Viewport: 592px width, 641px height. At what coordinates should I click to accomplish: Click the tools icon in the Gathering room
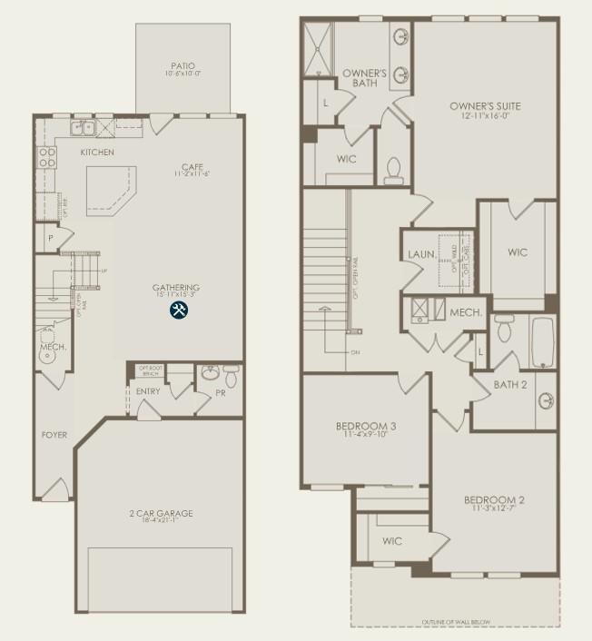point(179,310)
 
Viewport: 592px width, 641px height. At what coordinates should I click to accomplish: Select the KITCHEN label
point(97,153)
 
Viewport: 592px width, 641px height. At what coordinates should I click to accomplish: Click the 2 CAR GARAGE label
point(161,513)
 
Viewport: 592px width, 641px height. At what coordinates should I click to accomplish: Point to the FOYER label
point(54,435)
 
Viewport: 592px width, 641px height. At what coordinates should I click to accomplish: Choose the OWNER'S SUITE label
point(485,105)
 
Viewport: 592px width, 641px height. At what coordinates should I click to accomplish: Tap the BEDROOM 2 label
point(494,500)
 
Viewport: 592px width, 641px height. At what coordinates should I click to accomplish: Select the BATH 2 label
point(511,385)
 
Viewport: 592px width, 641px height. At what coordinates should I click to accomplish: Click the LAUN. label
point(419,254)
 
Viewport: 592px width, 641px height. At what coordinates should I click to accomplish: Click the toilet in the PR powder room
point(231,376)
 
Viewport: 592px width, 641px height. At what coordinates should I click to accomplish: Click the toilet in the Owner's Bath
point(393,169)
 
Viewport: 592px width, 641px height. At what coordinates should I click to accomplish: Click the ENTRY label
point(148,391)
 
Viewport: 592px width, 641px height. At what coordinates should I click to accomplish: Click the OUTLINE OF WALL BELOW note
point(457,622)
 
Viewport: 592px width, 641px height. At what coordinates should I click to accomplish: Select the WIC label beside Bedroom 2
point(392,541)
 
